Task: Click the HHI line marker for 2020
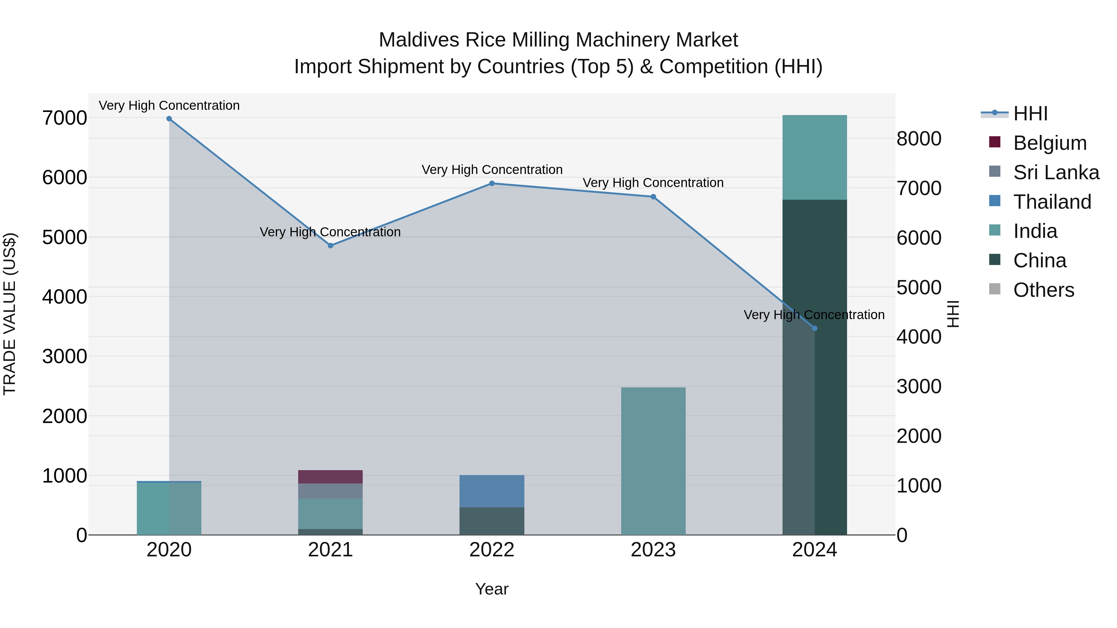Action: coord(169,119)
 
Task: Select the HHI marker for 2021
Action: coord(330,246)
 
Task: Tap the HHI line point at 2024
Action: coord(814,328)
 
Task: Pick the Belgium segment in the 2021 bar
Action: coord(330,477)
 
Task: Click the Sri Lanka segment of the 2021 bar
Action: coord(330,491)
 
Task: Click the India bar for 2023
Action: coord(653,461)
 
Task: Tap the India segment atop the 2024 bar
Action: coord(814,157)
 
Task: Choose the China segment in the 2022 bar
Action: coord(492,521)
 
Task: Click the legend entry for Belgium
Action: coord(1050,143)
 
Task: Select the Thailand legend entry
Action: coord(1052,202)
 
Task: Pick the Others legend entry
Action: coord(1043,290)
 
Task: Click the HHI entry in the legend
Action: coord(1030,114)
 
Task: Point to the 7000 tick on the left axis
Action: coord(65,118)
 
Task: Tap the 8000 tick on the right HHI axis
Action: coord(919,139)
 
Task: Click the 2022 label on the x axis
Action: coord(492,550)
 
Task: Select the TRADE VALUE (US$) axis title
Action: coord(10,314)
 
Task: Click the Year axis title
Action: coord(492,589)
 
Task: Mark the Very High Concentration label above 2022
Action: coord(492,170)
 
